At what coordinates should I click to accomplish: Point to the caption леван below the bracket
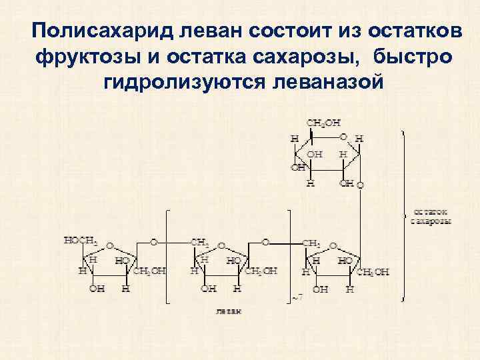coord(229,311)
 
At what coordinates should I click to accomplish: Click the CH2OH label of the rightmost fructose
coord(374,272)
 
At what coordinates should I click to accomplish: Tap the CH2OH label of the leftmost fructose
coord(150,272)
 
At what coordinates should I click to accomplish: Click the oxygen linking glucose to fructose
coord(361,185)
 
